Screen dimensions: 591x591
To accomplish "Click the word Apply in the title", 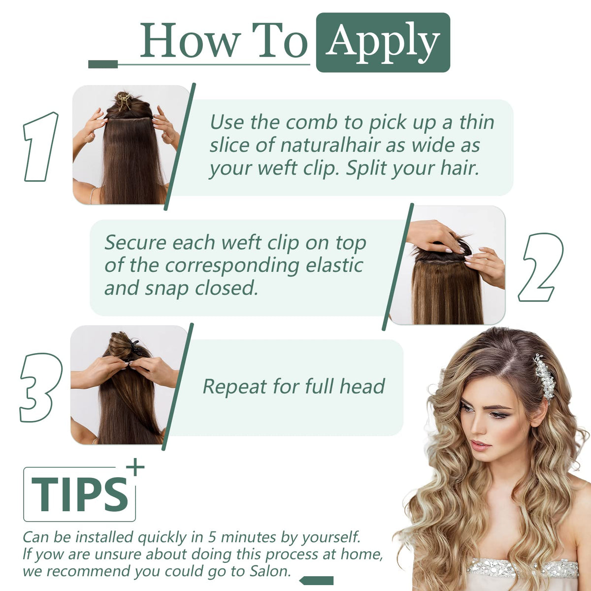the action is [383, 42].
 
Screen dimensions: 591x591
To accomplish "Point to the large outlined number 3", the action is [41, 387].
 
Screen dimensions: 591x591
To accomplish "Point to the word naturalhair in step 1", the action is [330, 145].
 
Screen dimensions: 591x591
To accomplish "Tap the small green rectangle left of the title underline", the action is [103, 64].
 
